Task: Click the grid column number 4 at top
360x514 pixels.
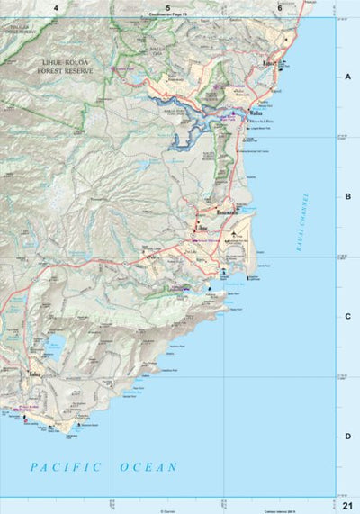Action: (x=55, y=8)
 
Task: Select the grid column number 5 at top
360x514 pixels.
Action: (x=167, y=8)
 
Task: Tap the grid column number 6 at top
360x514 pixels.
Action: (x=280, y=8)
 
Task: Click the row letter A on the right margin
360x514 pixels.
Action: (x=347, y=77)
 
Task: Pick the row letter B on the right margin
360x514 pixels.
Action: (x=347, y=196)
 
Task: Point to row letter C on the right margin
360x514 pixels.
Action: (x=347, y=316)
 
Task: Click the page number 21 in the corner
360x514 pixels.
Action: (x=347, y=505)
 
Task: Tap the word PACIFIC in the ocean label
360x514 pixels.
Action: (x=60, y=467)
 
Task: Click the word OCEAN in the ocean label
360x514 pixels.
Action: (x=148, y=467)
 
